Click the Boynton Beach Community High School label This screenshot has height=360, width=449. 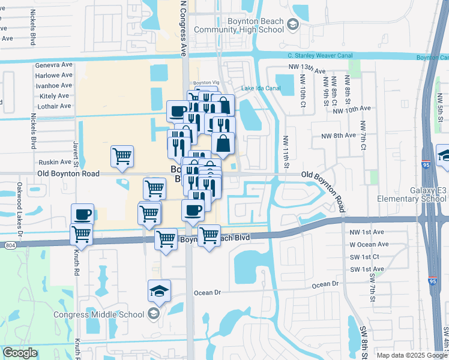pos(247,25)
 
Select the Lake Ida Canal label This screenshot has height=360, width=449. pos(261,88)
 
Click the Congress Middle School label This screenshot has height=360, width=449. pos(99,314)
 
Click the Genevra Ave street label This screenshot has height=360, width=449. pos(53,65)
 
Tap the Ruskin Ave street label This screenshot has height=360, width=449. pos(55,162)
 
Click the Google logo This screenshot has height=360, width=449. pos(20,353)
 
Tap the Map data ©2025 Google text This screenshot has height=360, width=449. pos(411,355)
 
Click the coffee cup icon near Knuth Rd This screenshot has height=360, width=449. pos(82,214)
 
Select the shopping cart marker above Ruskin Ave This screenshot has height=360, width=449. pos(122,156)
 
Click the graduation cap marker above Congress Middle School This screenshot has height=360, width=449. pos(159,290)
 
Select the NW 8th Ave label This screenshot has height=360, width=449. pos(338,136)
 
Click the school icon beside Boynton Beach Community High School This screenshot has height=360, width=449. pos(292,25)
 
